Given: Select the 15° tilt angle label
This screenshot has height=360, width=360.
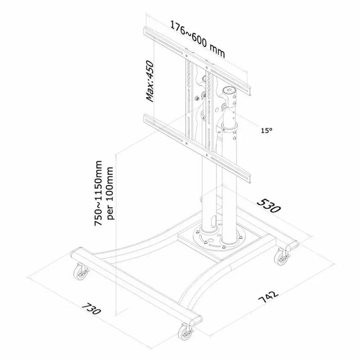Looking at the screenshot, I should click(x=266, y=131).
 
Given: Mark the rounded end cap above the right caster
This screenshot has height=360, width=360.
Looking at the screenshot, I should click(x=291, y=245).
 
